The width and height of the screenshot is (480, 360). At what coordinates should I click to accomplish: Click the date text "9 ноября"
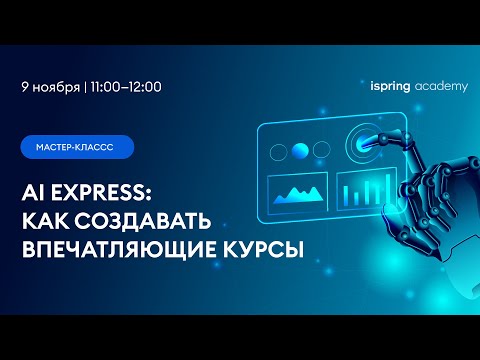[51, 87]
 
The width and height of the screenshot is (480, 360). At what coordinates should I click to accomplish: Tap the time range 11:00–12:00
[126, 87]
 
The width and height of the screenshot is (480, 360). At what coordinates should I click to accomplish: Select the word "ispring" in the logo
[390, 87]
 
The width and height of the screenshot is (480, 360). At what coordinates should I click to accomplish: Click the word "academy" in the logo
[441, 87]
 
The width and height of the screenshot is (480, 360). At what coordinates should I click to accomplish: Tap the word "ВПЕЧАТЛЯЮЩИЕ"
[119, 249]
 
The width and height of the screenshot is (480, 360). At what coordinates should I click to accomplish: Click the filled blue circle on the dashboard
[300, 151]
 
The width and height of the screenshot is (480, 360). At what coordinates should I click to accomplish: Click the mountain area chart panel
[297, 194]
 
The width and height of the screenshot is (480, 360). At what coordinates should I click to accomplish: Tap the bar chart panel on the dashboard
[367, 189]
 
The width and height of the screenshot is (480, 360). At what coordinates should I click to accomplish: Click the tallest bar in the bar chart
[388, 189]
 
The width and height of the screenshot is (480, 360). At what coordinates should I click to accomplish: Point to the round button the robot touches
[362, 143]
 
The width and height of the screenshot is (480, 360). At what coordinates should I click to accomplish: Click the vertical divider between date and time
[85, 87]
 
